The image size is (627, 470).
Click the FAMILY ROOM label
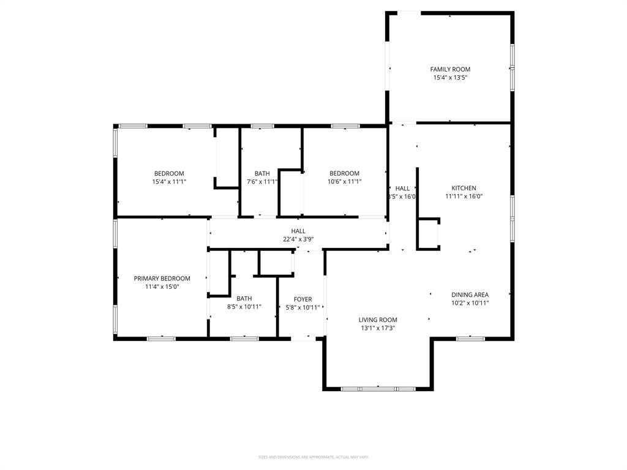pyautogui.click(x=450, y=69)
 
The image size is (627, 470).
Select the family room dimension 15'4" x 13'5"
pyautogui.click(x=450, y=78)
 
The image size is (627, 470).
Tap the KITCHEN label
pyautogui.click(x=464, y=188)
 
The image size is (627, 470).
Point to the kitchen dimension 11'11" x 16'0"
pyautogui.click(x=464, y=196)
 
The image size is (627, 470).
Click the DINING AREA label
pyautogui.click(x=470, y=294)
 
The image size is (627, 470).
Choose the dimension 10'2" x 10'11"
pyautogui.click(x=470, y=303)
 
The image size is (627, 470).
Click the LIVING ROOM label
pyautogui.click(x=378, y=319)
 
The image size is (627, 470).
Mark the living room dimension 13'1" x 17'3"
pyautogui.click(x=378, y=328)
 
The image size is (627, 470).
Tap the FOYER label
pyautogui.click(x=302, y=299)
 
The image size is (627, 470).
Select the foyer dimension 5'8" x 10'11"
pyautogui.click(x=302, y=307)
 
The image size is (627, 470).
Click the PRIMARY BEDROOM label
pyautogui.click(x=162, y=278)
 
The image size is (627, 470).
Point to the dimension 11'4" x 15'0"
pyautogui.click(x=162, y=286)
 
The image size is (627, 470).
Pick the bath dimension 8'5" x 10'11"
pyautogui.click(x=244, y=307)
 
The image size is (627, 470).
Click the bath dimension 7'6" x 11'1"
pyautogui.click(x=262, y=181)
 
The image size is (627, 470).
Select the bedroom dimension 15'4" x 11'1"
pyautogui.click(x=169, y=181)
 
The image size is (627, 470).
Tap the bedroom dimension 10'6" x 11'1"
pyautogui.click(x=344, y=181)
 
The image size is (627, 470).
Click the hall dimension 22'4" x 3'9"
pyautogui.click(x=298, y=239)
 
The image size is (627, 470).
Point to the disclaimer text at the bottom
pyautogui.click(x=313, y=457)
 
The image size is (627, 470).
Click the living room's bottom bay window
pyautogui.click(x=378, y=388)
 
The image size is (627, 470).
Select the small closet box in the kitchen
pyautogui.click(x=428, y=233)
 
